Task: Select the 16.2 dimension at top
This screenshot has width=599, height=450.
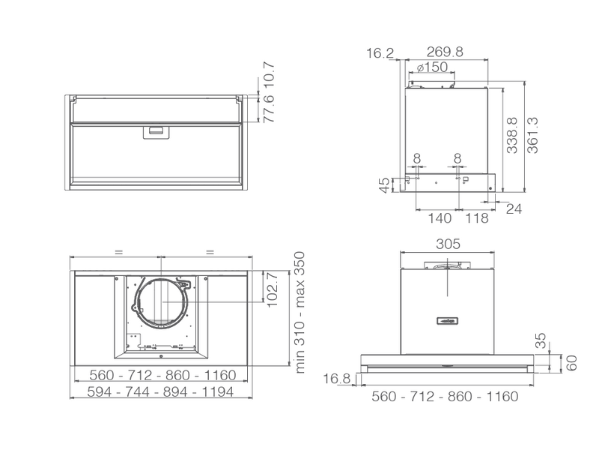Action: [x=380, y=52]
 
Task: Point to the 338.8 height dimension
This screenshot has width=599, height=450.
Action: [x=512, y=136]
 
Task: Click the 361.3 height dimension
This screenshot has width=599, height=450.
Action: [x=532, y=136]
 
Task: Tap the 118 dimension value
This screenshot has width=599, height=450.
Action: [x=476, y=218]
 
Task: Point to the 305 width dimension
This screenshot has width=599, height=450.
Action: [x=448, y=244]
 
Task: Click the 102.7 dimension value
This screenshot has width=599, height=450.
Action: [x=273, y=290]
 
